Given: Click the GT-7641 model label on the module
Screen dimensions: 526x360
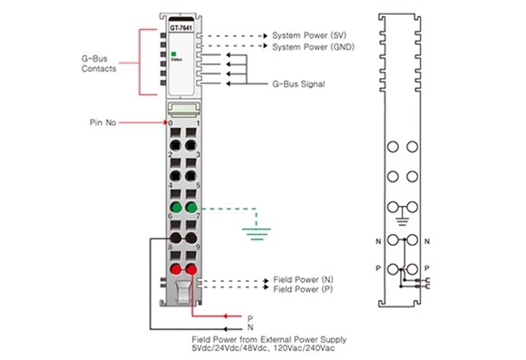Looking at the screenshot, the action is coord(180,28).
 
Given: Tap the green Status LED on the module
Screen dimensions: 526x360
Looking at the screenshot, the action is coord(174,54).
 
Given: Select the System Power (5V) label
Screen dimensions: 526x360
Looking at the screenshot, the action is coord(309,35).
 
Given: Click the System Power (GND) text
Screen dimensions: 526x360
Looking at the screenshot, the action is coord(313,46).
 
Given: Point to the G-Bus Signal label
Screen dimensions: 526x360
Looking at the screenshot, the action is coord(298,83).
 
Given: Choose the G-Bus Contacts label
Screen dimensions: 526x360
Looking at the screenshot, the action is coord(99,63).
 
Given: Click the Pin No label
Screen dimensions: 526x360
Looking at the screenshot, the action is coord(102,122).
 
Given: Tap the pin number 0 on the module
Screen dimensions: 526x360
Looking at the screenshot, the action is coord(170,123).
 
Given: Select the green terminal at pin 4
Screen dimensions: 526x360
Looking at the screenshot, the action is coord(176,208).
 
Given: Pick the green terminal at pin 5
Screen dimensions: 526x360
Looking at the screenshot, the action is coord(191,208).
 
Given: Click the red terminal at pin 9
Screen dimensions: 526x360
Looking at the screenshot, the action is coord(191,269).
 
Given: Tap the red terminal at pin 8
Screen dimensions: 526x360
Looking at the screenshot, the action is coord(176,269).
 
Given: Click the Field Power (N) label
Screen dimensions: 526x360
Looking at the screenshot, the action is coord(303,279).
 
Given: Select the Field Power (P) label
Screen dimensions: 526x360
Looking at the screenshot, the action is coord(303,289).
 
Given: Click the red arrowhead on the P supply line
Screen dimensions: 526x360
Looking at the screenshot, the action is coord(227,316).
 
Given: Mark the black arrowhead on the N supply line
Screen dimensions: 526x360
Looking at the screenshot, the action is coord(227,329).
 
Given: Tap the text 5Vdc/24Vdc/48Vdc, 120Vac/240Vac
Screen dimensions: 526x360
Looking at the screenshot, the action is coord(263,348).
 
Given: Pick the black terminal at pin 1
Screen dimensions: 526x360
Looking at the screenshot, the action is coord(191,145).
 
